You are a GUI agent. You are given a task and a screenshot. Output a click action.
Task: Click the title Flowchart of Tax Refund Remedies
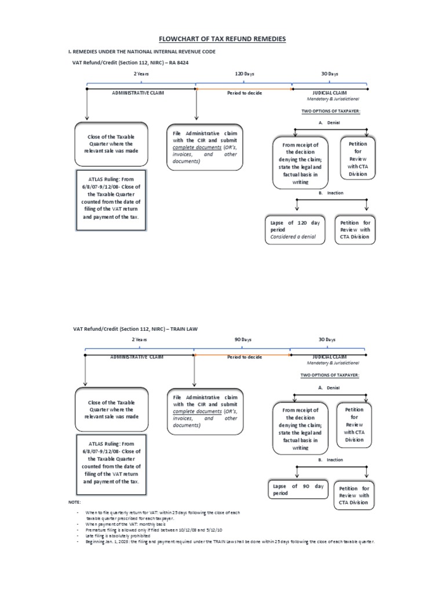click(222, 39)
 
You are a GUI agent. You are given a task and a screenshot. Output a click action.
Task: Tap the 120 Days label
click(244, 74)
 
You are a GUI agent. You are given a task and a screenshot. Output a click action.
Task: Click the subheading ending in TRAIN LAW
click(135, 328)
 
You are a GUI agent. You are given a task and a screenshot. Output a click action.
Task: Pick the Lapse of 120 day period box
click(295, 230)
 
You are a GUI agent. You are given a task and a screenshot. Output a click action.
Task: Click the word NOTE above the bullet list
click(75, 502)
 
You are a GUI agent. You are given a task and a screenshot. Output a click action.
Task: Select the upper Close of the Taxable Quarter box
click(111, 144)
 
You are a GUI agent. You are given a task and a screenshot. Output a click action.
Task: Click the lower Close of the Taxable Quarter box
click(111, 409)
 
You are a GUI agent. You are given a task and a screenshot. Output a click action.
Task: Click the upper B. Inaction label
click(330, 193)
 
